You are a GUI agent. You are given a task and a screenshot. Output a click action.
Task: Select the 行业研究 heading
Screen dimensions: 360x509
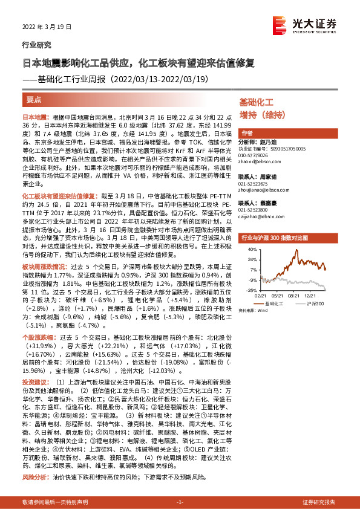[36, 45]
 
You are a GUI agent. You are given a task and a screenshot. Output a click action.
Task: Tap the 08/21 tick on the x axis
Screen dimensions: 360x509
[296, 296]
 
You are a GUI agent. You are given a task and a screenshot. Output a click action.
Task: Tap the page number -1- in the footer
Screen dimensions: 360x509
[180, 502]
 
